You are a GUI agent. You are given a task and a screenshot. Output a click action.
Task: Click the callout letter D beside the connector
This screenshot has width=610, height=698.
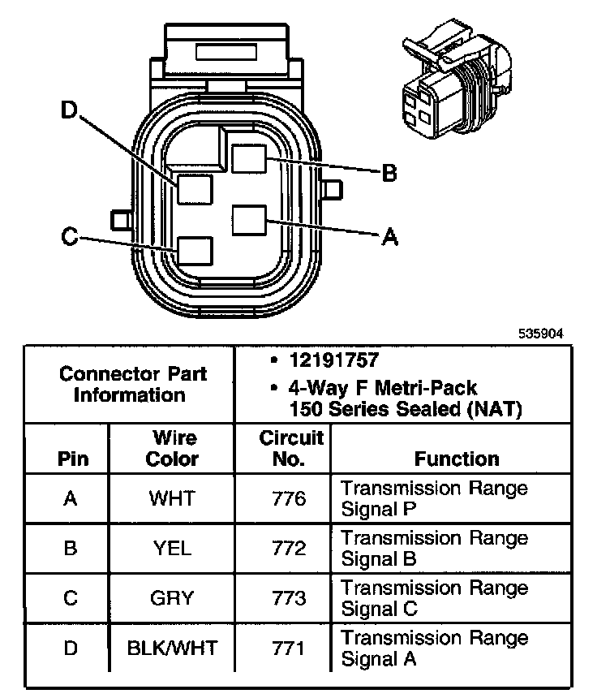[72, 112]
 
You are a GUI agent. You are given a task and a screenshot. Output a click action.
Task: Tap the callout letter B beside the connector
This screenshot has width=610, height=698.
[389, 173]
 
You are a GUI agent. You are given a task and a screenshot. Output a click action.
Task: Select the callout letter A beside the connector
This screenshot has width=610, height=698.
[389, 236]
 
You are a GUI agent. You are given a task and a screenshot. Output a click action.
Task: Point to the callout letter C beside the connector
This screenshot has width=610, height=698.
[70, 236]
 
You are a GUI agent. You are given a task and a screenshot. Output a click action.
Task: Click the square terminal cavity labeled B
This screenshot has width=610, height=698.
[249, 157]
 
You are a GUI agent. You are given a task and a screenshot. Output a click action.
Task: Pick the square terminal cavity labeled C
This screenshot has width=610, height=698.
[195, 251]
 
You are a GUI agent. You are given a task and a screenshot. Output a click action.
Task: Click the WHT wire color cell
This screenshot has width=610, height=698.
[172, 498]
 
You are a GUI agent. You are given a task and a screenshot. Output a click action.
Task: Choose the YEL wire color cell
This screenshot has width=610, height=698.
[172, 549]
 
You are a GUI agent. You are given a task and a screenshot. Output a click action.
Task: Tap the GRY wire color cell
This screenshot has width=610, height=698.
[172, 598]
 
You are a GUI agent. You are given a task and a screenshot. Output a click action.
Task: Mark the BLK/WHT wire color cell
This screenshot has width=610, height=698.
[172, 648]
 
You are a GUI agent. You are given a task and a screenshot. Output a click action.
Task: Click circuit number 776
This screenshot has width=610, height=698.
[290, 498]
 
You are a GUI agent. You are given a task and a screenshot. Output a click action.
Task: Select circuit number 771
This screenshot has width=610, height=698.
[290, 648]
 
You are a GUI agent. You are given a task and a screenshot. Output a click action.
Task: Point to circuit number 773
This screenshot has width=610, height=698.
[290, 598]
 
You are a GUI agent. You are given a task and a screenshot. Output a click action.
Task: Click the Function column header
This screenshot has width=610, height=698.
[457, 459]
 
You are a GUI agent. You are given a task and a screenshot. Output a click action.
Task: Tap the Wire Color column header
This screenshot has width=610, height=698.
[172, 449]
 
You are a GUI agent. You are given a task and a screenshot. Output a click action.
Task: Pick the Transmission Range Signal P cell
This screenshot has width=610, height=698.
[434, 498]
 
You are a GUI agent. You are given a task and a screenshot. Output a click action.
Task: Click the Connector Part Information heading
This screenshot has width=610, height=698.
[133, 385]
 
